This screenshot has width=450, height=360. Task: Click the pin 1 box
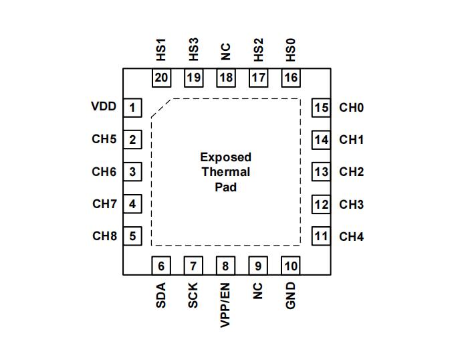click(133, 107)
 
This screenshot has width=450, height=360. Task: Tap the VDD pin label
click(104, 106)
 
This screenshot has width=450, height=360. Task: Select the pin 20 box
click(161, 78)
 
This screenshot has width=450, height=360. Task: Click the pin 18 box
click(226, 78)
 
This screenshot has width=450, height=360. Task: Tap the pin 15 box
click(322, 107)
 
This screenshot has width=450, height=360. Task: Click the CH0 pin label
click(351, 107)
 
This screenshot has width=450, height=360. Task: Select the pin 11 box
click(322, 236)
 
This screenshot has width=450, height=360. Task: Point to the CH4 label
click(351, 236)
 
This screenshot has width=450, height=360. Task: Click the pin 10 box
click(290, 266)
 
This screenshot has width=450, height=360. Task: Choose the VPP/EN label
click(225, 305)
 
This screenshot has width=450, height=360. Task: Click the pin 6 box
click(161, 266)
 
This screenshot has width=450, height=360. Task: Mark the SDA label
click(161, 295)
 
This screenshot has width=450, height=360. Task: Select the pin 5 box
click(133, 236)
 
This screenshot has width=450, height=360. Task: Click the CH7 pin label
click(104, 203)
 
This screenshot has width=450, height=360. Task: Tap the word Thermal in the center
click(226, 172)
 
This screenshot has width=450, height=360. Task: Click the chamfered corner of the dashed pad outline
click(162, 108)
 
